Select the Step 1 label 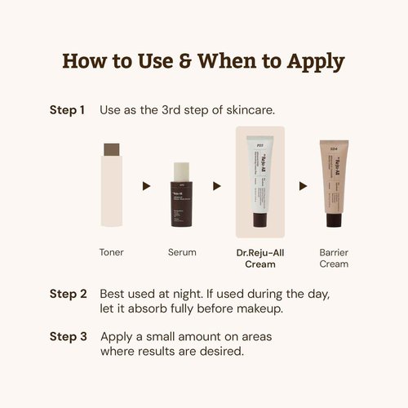point(67,109)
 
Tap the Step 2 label point(67,293)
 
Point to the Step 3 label point(67,336)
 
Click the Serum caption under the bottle point(182,252)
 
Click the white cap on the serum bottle point(182,170)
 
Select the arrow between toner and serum point(147,186)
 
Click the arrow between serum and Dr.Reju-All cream point(217,186)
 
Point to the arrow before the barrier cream point(299,186)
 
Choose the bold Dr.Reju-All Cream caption point(260,258)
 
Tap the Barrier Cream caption point(333,258)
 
